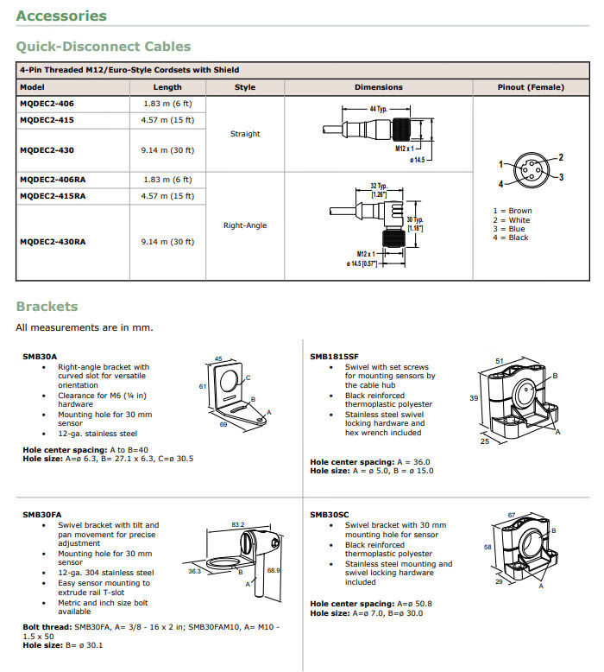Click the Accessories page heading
click(61, 16)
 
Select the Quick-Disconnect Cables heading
click(104, 47)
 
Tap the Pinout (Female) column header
click(531, 87)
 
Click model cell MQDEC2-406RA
click(53, 179)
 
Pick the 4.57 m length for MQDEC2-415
click(167, 119)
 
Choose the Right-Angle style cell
click(245, 225)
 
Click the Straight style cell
click(245, 134)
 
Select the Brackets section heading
click(47, 307)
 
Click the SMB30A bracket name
click(40, 356)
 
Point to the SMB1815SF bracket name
click(334, 356)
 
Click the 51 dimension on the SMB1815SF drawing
click(499, 360)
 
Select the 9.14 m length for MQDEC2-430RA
click(167, 242)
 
